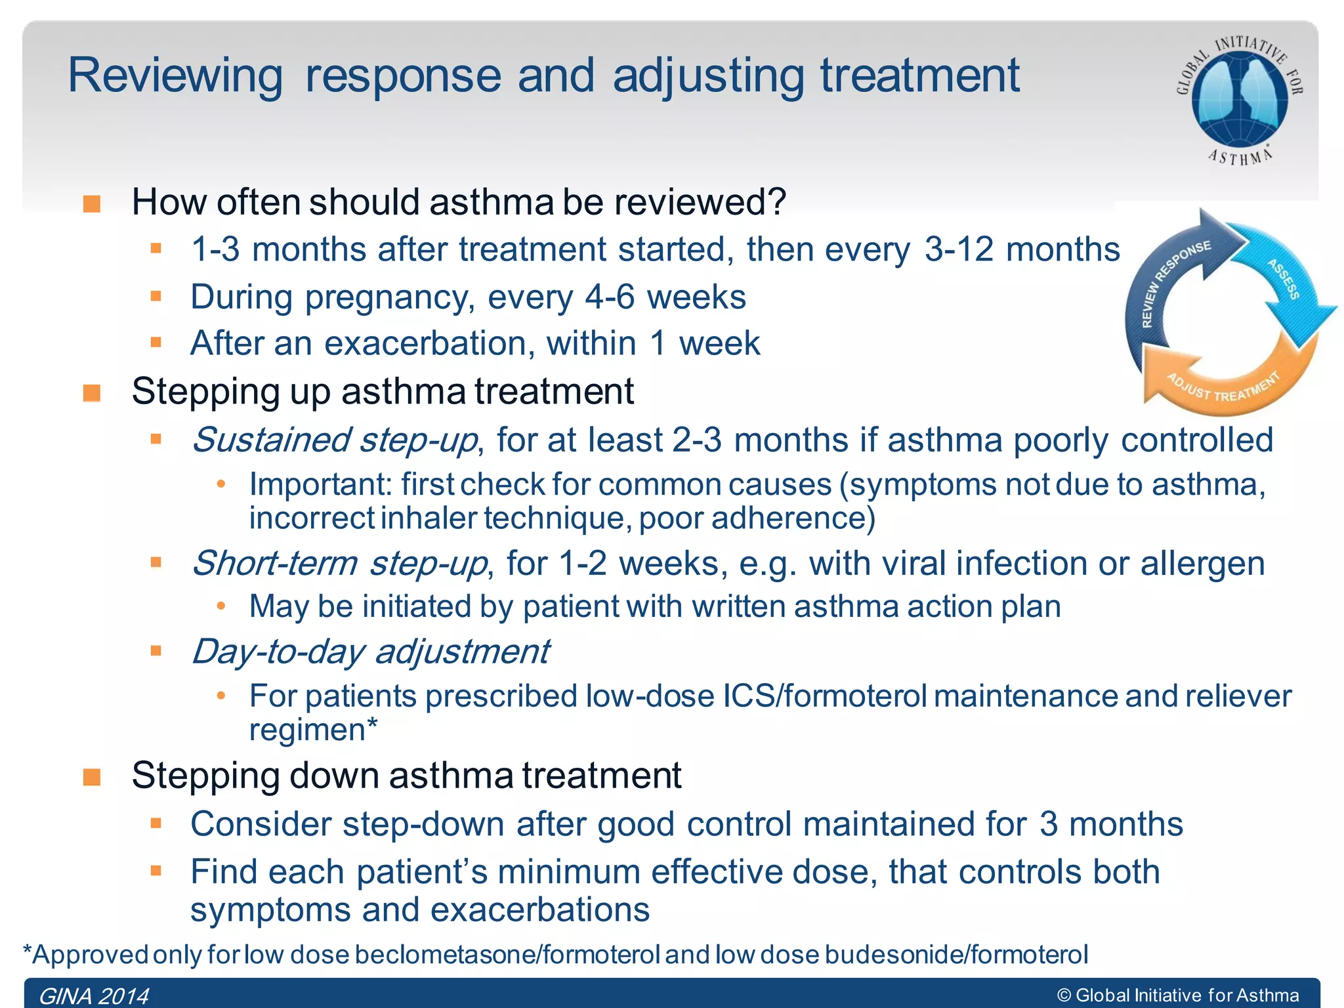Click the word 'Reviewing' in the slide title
click(x=175, y=75)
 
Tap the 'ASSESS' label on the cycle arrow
click(x=1283, y=278)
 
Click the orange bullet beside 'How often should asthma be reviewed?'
click(x=92, y=203)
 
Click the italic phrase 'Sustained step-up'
click(x=335, y=440)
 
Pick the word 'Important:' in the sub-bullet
click(x=320, y=484)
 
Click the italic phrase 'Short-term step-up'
click(x=339, y=563)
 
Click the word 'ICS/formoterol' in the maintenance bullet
click(x=825, y=696)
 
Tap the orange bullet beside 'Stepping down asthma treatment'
click(x=92, y=777)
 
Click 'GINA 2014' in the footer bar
click(x=94, y=996)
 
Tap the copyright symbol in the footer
click(x=1064, y=996)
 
